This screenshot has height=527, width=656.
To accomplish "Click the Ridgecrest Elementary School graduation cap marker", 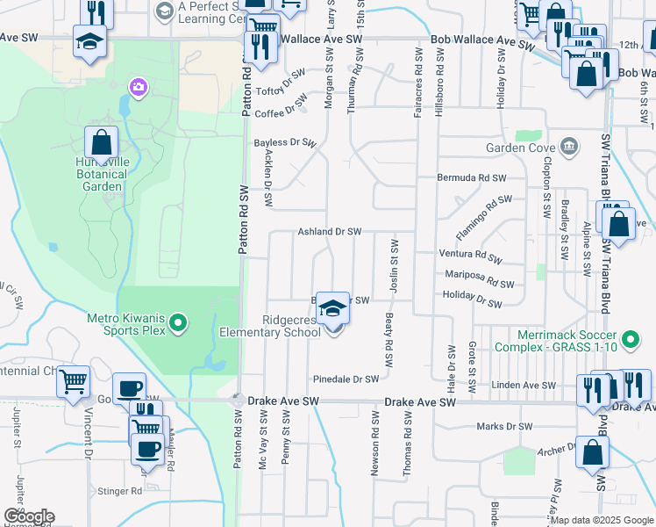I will [332, 308].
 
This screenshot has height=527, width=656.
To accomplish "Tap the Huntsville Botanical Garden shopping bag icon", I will [102, 142].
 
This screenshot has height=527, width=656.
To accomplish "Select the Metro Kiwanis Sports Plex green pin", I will [179, 323].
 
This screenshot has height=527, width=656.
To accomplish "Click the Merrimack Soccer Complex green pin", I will [629, 338].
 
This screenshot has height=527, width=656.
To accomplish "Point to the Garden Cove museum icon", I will [568, 146].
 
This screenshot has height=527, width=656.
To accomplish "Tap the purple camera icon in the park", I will [138, 86].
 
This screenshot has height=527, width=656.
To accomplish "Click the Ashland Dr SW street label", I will [329, 232].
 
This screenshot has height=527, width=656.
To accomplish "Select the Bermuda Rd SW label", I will [473, 177].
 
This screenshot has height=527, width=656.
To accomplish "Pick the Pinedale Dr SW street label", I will [346, 379].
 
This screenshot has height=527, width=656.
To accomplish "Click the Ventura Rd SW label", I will [470, 255].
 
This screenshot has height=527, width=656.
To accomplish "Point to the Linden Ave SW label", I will [524, 386].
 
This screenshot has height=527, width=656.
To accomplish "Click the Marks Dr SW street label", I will [504, 427].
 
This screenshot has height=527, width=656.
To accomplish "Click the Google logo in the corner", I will [28, 516].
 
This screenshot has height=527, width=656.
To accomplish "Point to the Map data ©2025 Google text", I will [601, 521].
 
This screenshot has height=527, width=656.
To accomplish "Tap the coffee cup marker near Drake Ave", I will [129, 388].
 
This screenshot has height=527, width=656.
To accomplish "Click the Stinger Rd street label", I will [124, 491].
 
